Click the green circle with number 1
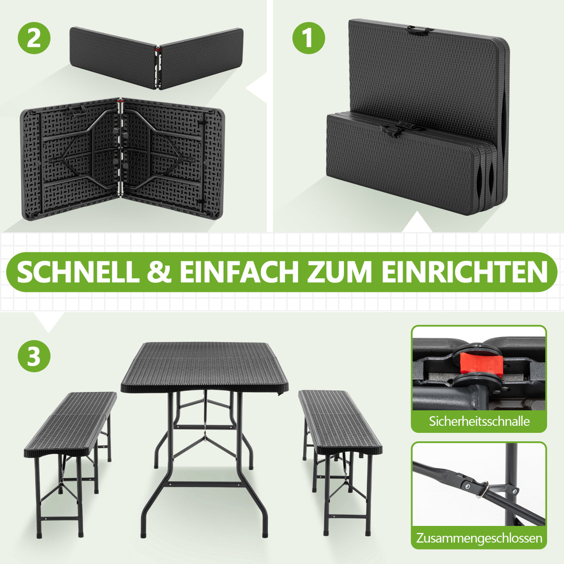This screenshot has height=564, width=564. [309, 38]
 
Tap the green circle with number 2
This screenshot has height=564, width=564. [34, 38]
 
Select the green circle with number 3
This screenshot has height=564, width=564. [34, 356]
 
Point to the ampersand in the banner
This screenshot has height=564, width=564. [159, 273]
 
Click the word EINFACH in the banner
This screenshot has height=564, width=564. [239, 273]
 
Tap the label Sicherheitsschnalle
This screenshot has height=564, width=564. [479, 421]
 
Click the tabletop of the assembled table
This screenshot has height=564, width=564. [204, 368]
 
